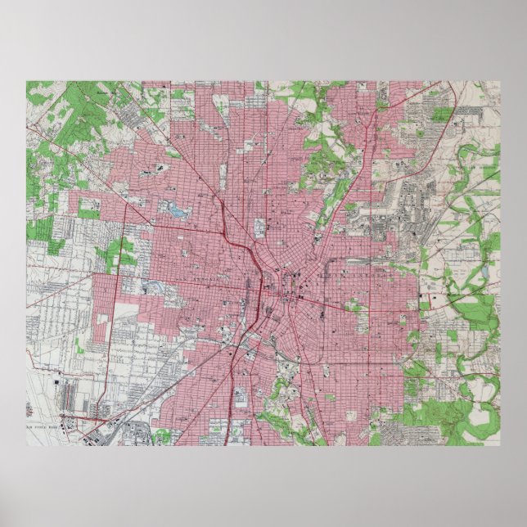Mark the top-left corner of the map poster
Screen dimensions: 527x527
click(26, 81)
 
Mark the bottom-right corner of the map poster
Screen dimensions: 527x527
click(500, 446)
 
